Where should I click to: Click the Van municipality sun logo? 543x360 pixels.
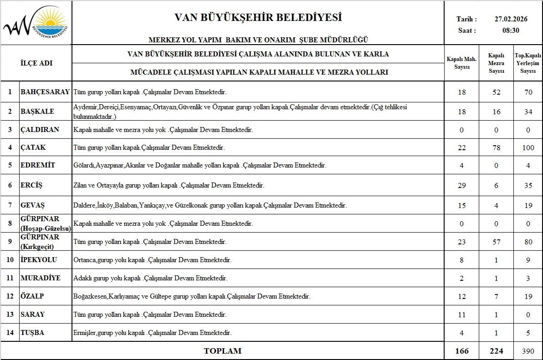(36, 23)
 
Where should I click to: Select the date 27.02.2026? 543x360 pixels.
(511, 19)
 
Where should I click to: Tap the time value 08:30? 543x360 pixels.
(511, 30)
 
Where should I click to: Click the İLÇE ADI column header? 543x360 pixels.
(36, 63)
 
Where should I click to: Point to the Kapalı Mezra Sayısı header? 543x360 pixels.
(496, 63)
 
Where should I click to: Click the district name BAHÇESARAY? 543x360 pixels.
(45, 92)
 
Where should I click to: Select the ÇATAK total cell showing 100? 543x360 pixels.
(528, 148)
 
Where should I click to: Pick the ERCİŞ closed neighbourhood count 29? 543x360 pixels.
(461, 186)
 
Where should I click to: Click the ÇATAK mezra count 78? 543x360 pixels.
(496, 148)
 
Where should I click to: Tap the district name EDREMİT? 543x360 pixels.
(38, 165)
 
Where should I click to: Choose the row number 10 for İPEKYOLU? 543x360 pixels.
(10, 260)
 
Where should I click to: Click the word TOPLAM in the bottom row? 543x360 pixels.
(222, 351)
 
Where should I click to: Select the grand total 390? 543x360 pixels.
(528, 351)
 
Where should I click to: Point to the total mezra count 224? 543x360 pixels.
(496, 351)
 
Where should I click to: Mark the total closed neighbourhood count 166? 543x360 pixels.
(461, 351)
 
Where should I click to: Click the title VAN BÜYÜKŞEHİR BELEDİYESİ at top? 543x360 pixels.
(258, 18)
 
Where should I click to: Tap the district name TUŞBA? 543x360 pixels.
(32, 333)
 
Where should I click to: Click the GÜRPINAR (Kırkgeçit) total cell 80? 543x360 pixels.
(528, 242)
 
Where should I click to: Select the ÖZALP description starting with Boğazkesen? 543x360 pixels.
(192, 296)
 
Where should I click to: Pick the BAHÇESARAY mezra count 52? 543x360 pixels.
(496, 92)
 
